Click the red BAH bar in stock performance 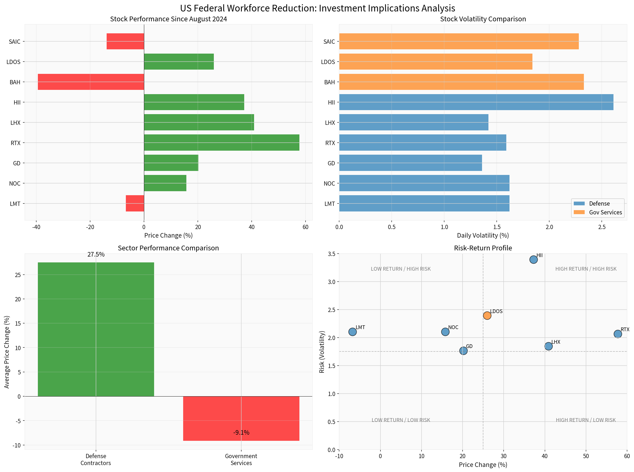pos(91,82)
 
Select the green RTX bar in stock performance pos(222,143)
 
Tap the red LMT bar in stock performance pos(135,203)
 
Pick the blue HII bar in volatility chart pos(476,102)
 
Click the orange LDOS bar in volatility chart pos(436,61)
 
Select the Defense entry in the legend pos(599,203)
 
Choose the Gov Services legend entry pos(605,212)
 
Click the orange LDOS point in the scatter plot pos(487,315)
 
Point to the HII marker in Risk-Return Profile pos(533,259)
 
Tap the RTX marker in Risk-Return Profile pos(617,334)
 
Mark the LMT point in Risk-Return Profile pos(352,332)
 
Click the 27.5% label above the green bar pos(96,254)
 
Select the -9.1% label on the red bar pos(241,433)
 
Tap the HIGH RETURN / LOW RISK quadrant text pos(585,420)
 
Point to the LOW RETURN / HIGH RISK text pos(400,269)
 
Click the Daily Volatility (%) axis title pos(483,235)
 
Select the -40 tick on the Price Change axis pos(36,227)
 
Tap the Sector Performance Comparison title pos(168,248)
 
